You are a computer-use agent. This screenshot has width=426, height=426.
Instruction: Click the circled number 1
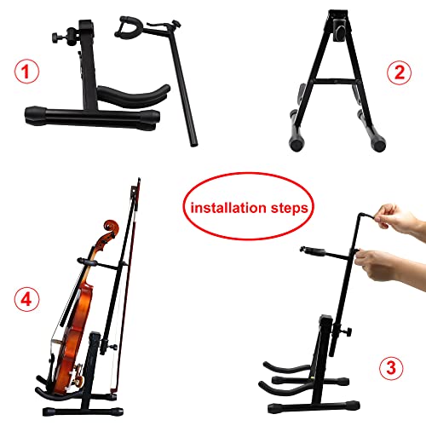30,72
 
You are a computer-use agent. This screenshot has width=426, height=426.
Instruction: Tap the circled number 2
397,72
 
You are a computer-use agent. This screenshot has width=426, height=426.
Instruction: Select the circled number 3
390,368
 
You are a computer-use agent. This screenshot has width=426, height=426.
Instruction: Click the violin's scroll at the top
111,229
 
